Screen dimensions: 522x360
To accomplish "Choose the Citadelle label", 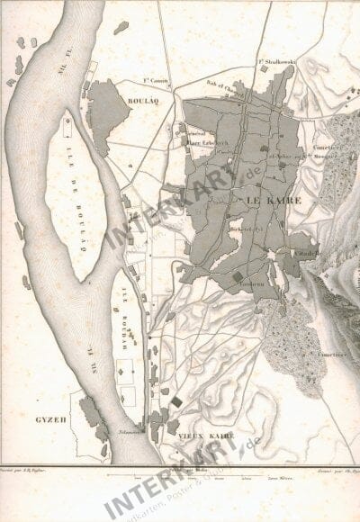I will tap(307, 256).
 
